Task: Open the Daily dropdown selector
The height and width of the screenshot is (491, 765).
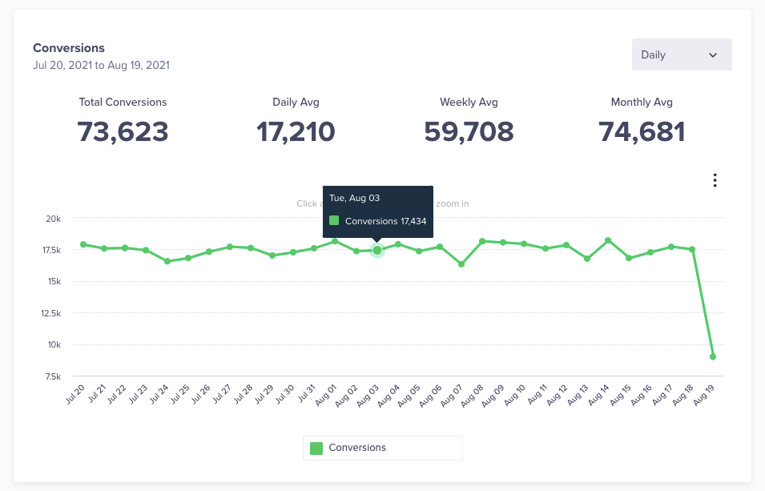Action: click(x=681, y=54)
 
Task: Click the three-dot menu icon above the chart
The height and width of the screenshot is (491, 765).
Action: click(x=715, y=180)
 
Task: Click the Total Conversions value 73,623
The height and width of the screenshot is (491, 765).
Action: click(x=123, y=131)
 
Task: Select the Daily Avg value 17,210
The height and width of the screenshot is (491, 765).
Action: click(x=296, y=131)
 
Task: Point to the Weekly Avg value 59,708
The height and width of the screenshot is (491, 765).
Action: click(x=469, y=131)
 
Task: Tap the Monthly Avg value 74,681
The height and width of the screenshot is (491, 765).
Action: click(x=642, y=131)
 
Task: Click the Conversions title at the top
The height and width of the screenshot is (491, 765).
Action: click(x=69, y=48)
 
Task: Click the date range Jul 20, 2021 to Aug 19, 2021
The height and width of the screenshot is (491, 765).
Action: click(x=101, y=65)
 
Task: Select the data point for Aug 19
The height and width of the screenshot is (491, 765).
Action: click(x=713, y=356)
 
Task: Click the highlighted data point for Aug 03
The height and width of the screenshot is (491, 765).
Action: click(x=377, y=250)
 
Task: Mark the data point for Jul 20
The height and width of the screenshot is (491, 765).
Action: click(x=83, y=244)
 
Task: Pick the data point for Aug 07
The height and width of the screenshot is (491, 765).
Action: click(x=461, y=264)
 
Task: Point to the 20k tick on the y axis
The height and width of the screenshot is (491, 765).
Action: click(x=54, y=219)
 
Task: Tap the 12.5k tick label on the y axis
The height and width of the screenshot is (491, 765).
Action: click(x=50, y=313)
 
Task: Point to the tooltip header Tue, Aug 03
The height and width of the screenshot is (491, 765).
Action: click(x=354, y=198)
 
